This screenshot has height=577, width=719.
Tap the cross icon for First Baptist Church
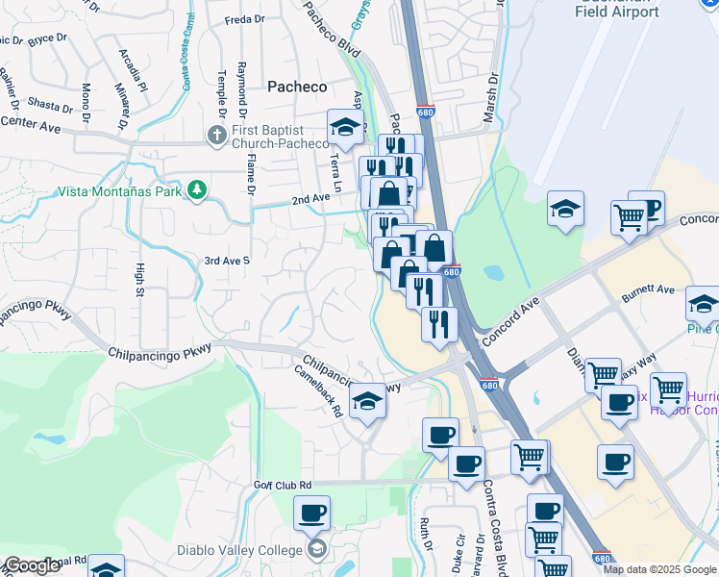tap(216, 135)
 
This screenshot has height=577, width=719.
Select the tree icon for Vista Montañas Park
tap(198, 189)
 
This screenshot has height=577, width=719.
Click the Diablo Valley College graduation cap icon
tap(316, 549)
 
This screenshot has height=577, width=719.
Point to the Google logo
tap(31, 566)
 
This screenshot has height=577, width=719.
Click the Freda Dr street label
tap(244, 19)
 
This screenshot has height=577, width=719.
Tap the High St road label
tap(140, 279)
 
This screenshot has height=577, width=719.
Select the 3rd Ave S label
tap(227, 261)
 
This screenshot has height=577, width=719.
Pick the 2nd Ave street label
tap(311, 199)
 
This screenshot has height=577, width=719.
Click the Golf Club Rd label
tap(284, 485)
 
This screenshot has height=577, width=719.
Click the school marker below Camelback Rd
tap(367, 400)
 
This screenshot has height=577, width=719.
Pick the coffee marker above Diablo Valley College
tap(311, 513)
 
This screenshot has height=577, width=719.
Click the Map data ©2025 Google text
tap(660, 569)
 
